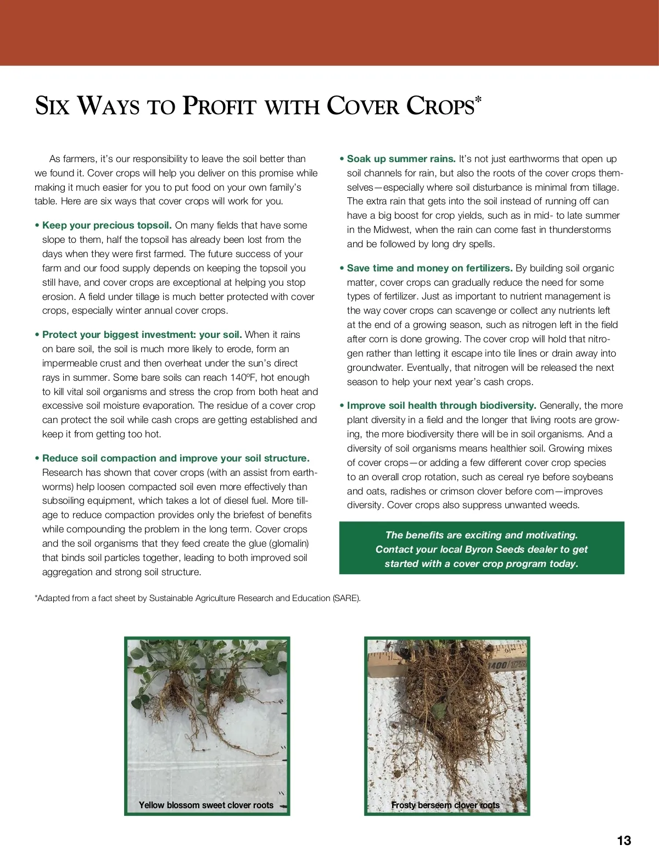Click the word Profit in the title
tap(220, 105)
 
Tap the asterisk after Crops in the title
tap(478, 99)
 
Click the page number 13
tap(624, 841)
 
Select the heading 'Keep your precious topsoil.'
tap(107, 225)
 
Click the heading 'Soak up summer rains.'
tap(401, 159)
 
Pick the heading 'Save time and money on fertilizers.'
tap(429, 268)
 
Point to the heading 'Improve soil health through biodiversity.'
tap(441, 405)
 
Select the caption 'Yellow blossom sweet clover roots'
tap(206, 805)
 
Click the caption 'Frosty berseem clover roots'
tap(445, 805)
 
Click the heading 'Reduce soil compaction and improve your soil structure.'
tap(176, 458)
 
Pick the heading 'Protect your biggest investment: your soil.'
tap(142, 335)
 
